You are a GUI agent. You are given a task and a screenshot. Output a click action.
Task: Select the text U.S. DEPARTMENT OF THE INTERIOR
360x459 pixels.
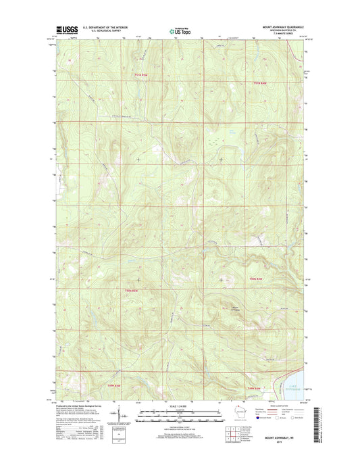105,28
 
